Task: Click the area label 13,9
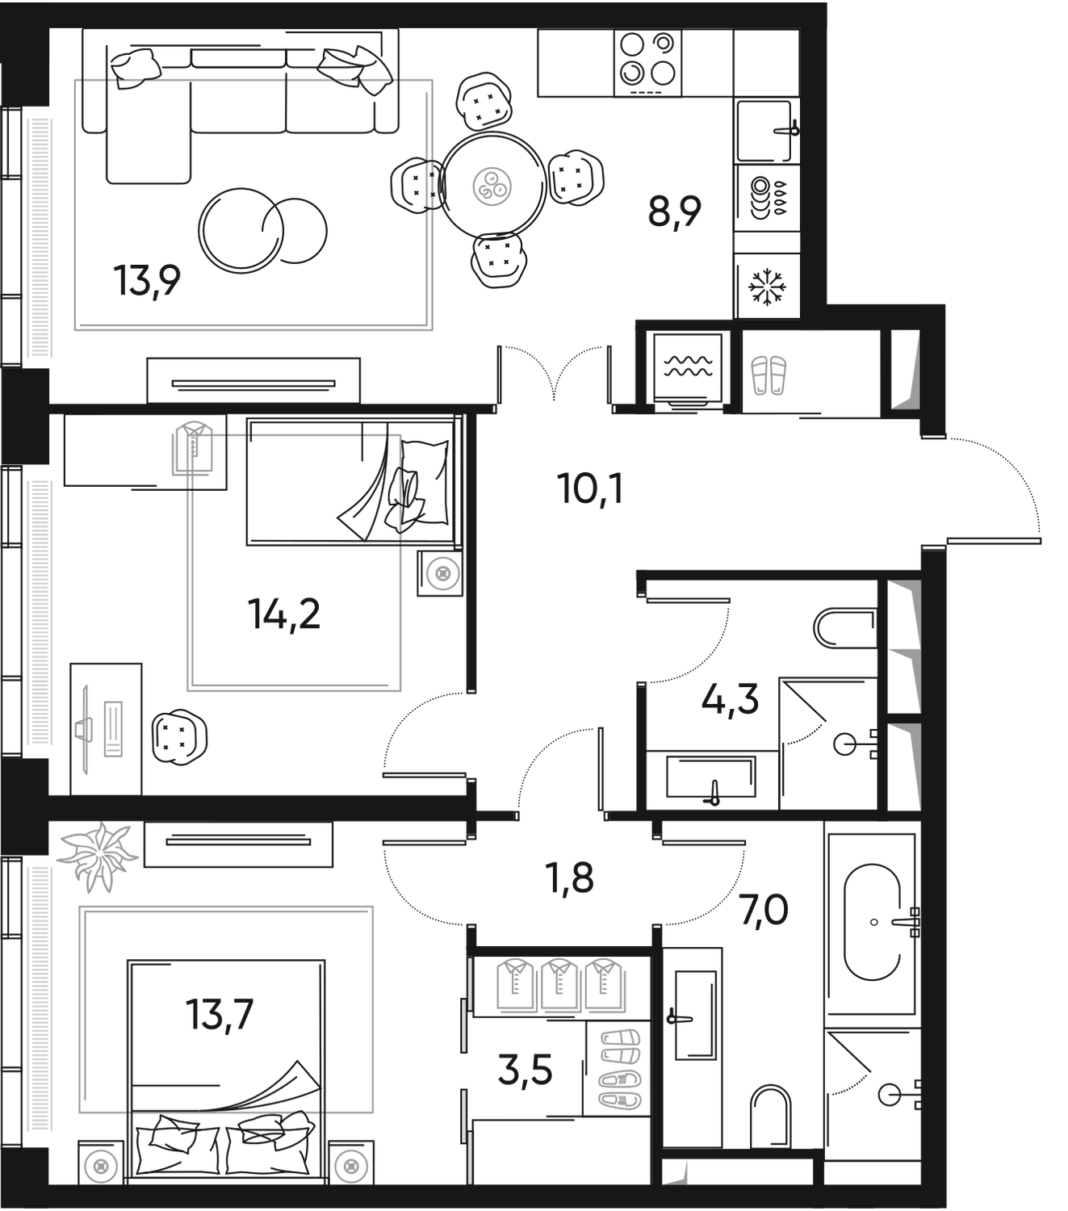click(x=150, y=282)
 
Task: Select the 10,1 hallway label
click(x=590, y=488)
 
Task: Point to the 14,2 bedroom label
click(x=286, y=614)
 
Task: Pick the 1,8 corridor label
click(x=572, y=878)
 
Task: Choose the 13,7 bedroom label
click(x=220, y=1013)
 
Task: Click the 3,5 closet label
click(x=525, y=1073)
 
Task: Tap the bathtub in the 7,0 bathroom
click(x=872, y=920)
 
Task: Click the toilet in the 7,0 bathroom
click(x=770, y=1113)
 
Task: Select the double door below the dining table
click(x=554, y=371)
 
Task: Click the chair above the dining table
click(x=484, y=102)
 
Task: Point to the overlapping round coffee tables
click(x=262, y=231)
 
